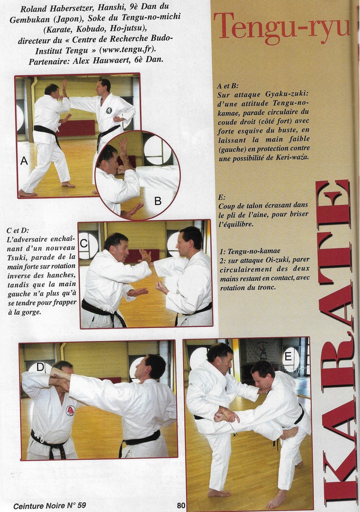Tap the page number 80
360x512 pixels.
pyautogui.click(x=181, y=505)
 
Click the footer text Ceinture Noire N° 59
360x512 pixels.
pyautogui.click(x=49, y=505)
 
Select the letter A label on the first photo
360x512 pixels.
pyautogui.click(x=24, y=160)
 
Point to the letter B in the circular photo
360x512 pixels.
pyautogui.click(x=158, y=201)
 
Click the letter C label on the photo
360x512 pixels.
pyautogui.click(x=83, y=243)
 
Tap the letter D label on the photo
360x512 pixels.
pyautogui.click(x=40, y=367)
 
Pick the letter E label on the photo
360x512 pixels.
pyautogui.click(x=288, y=356)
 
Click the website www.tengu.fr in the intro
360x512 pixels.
pyautogui.click(x=127, y=50)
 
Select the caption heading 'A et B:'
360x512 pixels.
pyautogui.click(x=227, y=86)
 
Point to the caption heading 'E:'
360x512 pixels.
pyautogui.click(x=222, y=197)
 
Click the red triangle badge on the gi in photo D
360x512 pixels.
pyautogui.click(x=70, y=410)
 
